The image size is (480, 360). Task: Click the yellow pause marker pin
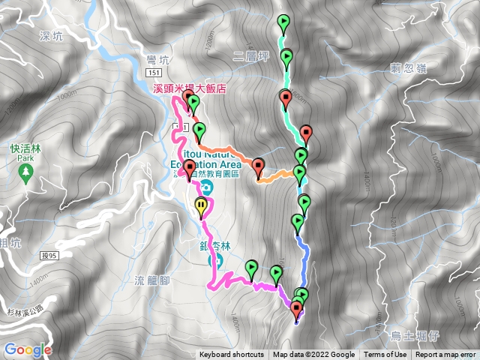202,206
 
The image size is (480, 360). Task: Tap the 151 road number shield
154,72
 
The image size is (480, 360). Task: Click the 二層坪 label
250,55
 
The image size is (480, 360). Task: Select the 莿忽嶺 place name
409,67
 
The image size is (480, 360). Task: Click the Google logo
28,349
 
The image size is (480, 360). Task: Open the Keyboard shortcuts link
231,355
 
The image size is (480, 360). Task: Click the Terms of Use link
385,355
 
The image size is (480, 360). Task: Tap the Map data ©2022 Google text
313,355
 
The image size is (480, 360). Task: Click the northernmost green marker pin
283,22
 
